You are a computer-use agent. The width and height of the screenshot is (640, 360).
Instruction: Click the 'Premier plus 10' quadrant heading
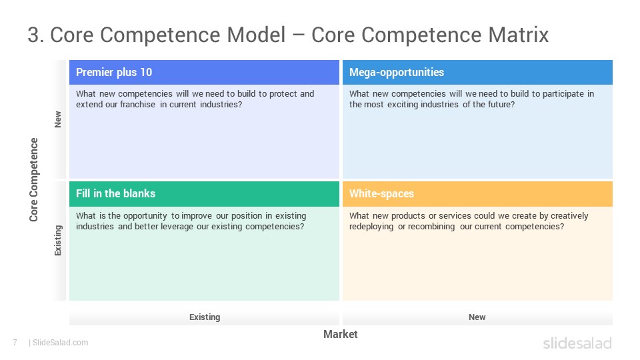click(114, 72)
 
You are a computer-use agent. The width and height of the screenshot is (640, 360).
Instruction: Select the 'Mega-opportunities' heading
click(396, 72)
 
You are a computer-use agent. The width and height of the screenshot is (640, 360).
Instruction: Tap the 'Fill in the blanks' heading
click(115, 193)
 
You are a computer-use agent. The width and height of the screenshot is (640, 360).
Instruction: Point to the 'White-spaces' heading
click(381, 193)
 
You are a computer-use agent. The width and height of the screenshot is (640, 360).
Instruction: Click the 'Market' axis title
click(341, 334)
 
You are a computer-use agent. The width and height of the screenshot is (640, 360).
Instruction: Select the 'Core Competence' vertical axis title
click(33, 179)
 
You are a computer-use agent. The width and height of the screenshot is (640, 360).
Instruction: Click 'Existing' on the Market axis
click(205, 317)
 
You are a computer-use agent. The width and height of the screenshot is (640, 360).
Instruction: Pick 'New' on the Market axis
click(477, 317)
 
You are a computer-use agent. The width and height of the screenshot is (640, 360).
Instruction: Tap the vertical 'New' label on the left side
click(58, 119)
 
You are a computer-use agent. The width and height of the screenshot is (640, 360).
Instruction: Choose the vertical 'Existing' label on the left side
click(58, 241)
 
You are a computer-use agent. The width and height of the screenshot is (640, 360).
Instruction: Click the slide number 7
click(15, 343)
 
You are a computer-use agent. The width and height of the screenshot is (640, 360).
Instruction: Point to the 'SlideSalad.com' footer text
click(60, 343)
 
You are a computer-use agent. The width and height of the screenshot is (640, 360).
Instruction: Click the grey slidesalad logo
click(577, 343)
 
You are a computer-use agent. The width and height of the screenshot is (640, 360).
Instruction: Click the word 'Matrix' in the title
click(519, 35)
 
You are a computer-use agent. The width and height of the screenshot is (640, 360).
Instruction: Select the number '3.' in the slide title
click(36, 35)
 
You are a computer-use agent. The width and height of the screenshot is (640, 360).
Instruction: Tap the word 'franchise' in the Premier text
click(137, 105)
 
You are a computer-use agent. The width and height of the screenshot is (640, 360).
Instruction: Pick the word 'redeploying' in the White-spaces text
click(371, 227)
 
